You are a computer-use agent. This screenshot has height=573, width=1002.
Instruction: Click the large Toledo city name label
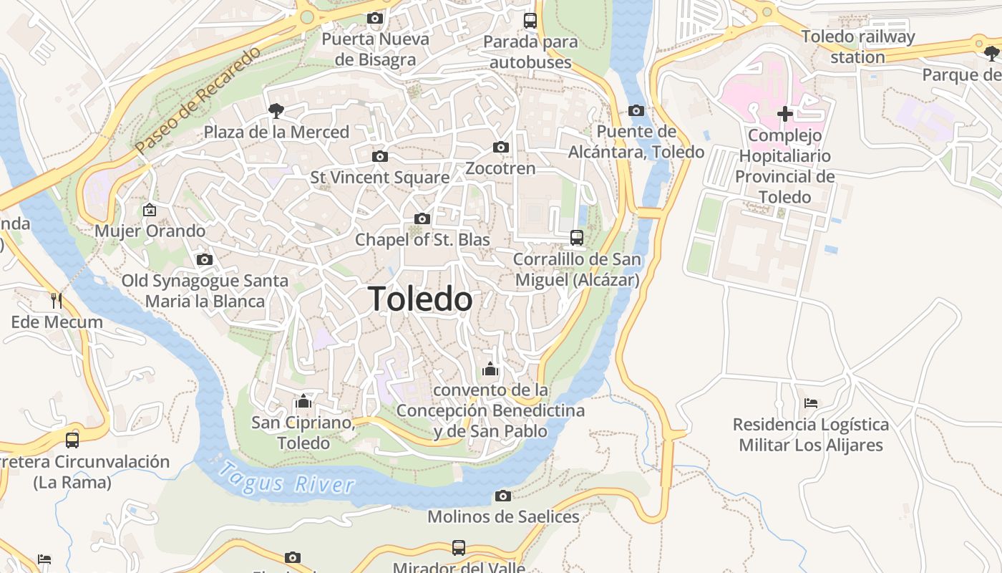point(420,299)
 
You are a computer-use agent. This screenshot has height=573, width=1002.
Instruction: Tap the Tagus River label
point(286,478)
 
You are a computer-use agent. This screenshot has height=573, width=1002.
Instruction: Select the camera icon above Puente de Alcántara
point(636,110)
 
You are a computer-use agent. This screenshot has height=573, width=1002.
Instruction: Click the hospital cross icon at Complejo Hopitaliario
point(784,113)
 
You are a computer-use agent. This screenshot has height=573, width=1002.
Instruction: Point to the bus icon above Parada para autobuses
point(530,20)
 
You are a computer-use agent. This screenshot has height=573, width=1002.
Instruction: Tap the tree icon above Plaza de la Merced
point(276,110)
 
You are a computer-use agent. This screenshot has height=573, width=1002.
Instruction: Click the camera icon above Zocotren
point(500,147)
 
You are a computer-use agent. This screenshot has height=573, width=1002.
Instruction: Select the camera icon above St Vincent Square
point(379,156)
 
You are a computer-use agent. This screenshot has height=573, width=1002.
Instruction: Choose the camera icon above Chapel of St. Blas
point(422,218)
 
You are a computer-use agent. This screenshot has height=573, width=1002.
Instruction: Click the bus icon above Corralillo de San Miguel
point(576,237)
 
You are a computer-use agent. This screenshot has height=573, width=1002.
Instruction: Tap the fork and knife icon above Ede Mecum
point(57,300)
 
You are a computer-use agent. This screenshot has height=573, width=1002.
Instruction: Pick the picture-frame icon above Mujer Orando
point(150,210)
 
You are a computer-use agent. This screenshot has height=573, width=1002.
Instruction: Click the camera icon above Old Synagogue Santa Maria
point(205,259)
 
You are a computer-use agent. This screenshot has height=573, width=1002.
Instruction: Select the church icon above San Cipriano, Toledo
point(303,401)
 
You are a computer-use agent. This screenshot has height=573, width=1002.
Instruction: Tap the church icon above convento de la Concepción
point(490,369)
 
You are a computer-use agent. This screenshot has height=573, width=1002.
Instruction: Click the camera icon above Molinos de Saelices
point(503,496)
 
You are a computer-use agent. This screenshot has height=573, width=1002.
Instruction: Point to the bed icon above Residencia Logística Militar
point(810,403)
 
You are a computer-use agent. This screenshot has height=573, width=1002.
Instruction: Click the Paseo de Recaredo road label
point(198,101)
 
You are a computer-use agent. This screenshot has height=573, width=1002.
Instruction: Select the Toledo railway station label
point(857,47)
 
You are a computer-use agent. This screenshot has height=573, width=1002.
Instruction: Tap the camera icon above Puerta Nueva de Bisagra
point(374,18)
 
